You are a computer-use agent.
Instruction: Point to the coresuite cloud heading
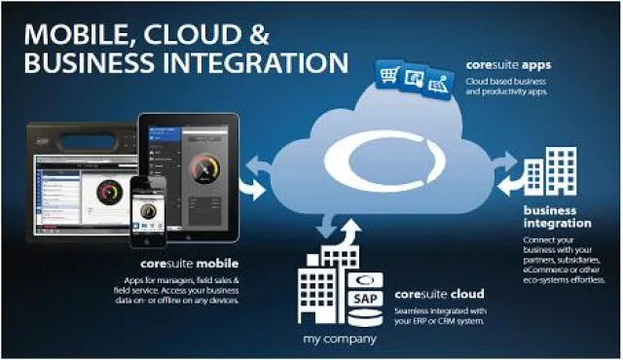coord(440,293)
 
